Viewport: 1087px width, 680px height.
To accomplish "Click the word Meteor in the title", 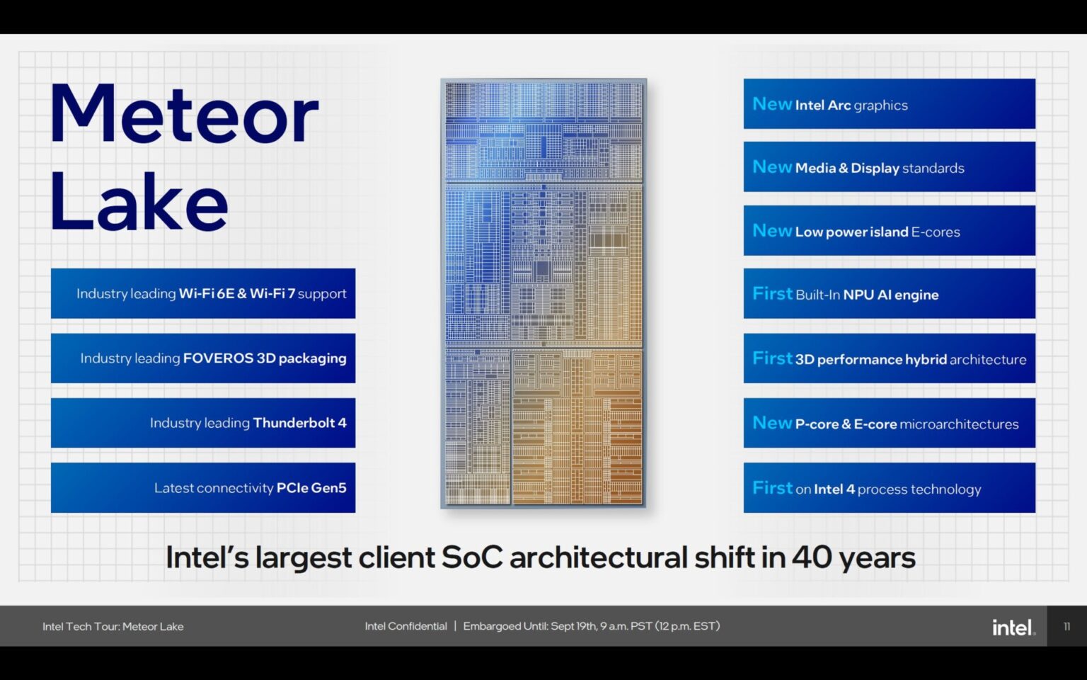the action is pyautogui.click(x=185, y=114).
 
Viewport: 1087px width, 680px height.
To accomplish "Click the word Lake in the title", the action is pyautogui.click(x=139, y=201).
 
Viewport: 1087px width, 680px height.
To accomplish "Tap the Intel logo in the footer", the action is pyautogui.click(x=1013, y=627).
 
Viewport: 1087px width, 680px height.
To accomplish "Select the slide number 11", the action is pyautogui.click(x=1066, y=627).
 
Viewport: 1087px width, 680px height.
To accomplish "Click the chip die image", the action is pyautogui.click(x=543, y=293).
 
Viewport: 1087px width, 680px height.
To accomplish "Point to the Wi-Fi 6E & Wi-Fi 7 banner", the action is pyautogui.click(x=203, y=293).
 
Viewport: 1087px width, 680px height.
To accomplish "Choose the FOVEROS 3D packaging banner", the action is pyautogui.click(x=203, y=358).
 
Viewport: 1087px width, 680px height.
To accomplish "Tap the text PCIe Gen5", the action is pyautogui.click(x=311, y=487).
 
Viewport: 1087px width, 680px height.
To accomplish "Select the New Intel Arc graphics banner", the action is pyautogui.click(x=889, y=104).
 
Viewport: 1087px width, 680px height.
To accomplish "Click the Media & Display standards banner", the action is pyautogui.click(x=889, y=166).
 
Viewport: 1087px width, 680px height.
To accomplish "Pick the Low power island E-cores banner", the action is pyautogui.click(x=889, y=230).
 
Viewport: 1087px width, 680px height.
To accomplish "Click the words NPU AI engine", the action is pyautogui.click(x=891, y=295).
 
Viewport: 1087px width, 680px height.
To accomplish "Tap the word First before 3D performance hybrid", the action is pyautogui.click(x=772, y=358).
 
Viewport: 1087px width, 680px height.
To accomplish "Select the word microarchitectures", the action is pyautogui.click(x=959, y=424).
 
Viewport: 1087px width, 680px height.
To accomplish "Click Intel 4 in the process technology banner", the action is pyautogui.click(x=834, y=489).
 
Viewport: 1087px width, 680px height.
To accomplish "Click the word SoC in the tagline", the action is pyautogui.click(x=472, y=557).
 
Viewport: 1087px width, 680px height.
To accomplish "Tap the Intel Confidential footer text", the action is pyautogui.click(x=406, y=626).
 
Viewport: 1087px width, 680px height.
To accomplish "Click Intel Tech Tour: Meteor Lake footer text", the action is pyautogui.click(x=113, y=627).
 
